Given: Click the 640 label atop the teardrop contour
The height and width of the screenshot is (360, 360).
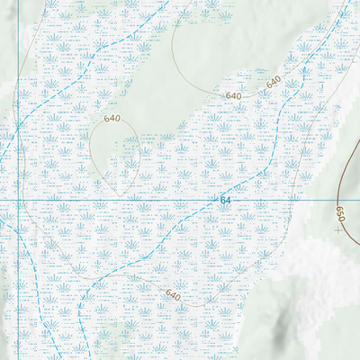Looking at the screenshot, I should click(x=112, y=119).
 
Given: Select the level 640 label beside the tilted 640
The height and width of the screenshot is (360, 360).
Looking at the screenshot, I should click(x=234, y=95).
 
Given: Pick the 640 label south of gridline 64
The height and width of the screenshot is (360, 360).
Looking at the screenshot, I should click(x=173, y=295).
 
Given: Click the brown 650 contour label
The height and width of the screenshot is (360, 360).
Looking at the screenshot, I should click(x=340, y=214).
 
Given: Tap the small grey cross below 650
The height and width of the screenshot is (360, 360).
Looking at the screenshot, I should click(x=337, y=230).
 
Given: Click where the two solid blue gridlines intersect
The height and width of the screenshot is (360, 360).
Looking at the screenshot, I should click(x=19, y=199).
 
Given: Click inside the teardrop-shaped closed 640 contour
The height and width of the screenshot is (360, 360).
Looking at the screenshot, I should click(x=115, y=157).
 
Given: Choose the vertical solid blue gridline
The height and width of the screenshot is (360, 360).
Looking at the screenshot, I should click(x=19, y=108).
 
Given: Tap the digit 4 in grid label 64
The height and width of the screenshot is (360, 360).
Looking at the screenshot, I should click(x=229, y=198).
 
